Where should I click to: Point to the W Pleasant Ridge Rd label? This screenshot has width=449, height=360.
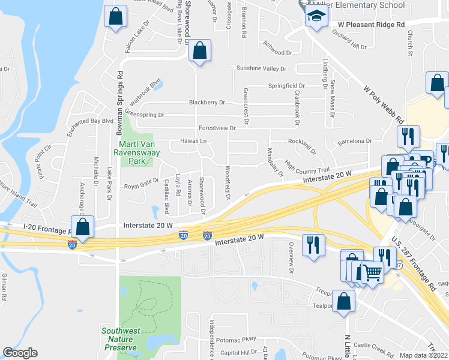point(371,25)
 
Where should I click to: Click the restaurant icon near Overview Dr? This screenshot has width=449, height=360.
point(313,244)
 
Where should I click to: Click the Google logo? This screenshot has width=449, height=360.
point(20,353)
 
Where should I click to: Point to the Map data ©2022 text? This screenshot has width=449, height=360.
point(424,355)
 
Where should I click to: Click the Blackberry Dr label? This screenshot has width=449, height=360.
point(206,103)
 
